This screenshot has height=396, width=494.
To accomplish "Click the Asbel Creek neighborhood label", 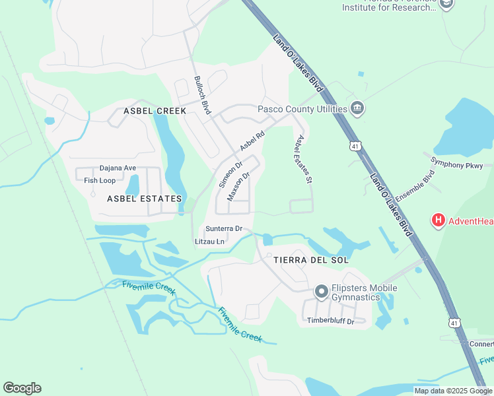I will [155, 111].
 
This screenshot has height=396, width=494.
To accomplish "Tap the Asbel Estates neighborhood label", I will [145, 198].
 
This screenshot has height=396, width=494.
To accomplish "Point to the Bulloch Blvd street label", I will [202, 95].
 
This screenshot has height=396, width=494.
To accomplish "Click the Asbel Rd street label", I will [252, 139].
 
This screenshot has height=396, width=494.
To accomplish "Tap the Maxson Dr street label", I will [239, 186].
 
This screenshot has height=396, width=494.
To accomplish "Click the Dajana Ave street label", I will [118, 168].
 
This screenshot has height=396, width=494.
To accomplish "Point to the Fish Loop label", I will [100, 180].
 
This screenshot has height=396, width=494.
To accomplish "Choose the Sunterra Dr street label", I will [224, 228].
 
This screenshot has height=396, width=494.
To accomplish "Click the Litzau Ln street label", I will [210, 242].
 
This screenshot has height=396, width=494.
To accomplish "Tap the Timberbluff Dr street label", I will [330, 321].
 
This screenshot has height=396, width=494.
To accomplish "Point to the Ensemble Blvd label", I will [415, 187].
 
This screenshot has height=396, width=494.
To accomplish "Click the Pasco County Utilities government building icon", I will [357, 108].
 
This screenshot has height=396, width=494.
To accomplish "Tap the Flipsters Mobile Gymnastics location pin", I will [321, 291].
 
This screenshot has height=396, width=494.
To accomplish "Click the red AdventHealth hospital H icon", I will [437, 220].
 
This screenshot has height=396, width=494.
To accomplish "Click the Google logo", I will [22, 388].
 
